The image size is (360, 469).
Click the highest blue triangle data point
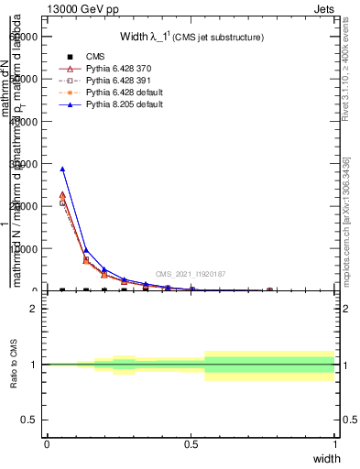coord(62,169)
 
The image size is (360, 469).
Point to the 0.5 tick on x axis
coord(191,444)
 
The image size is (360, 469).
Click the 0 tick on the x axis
coord(47,444)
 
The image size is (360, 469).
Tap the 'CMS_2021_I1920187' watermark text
coord(190,274)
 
